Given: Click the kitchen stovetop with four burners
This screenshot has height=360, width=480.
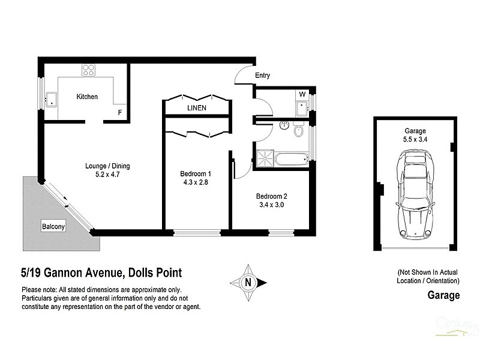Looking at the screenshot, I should coord(88,70).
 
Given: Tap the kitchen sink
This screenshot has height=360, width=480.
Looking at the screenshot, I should coord(52,98).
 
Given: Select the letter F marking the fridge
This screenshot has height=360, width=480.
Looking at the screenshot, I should coord(120,112).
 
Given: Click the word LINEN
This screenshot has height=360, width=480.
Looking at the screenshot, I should coord(197,109).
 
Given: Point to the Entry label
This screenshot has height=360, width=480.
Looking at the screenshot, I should coord(262,76).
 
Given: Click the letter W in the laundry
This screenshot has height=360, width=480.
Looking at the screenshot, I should coord(302,94).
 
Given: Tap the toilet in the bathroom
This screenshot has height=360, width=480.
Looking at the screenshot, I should coord(299,130).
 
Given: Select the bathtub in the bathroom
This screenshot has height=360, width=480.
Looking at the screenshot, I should coord(291,158).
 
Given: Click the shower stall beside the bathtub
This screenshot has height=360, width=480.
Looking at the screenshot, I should coord(264,158).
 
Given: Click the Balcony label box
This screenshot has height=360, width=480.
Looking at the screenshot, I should coord(54,227).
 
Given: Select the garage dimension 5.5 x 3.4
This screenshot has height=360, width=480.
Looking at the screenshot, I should coord(415,140).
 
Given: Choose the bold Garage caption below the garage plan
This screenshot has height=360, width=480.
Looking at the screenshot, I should coord(443,295).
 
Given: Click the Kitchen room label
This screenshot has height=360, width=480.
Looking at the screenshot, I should coord(86,97).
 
